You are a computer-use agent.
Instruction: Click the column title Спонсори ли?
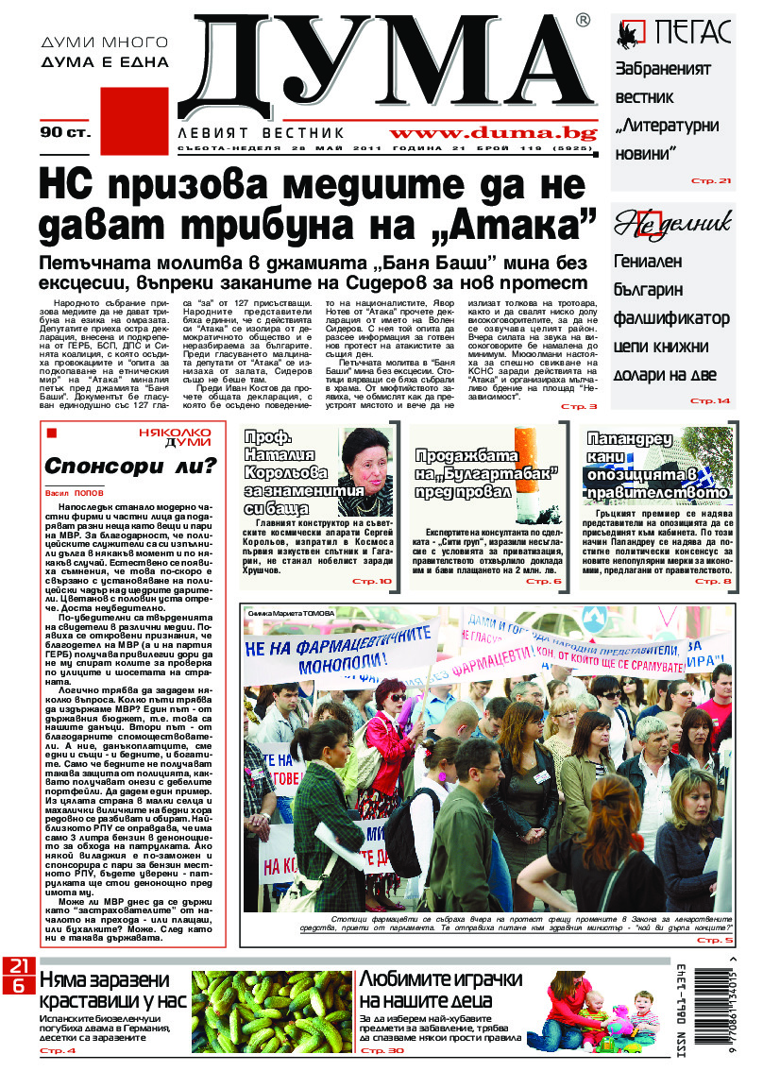click(x=132, y=465)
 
